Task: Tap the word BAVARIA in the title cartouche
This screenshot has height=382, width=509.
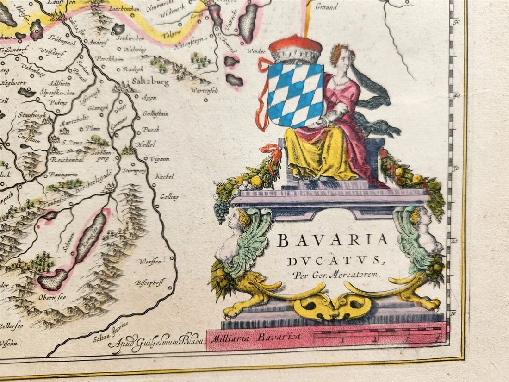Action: tap(332, 240)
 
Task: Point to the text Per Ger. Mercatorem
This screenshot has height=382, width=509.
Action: tap(336, 274)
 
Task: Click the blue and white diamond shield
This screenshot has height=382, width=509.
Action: tap(295, 95)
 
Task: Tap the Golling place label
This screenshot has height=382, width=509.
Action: tap(169, 197)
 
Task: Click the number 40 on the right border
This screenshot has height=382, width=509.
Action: tap(457, 96)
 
